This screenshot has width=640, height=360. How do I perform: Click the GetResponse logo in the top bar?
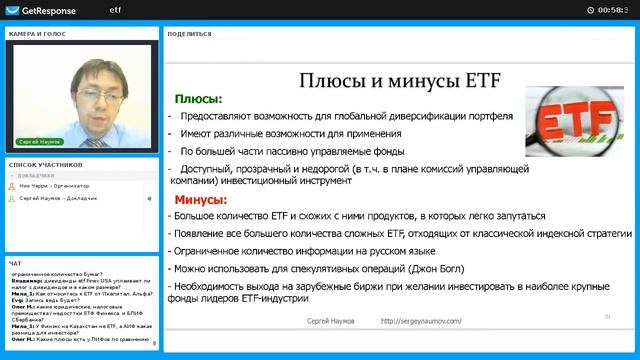[x=40, y=9]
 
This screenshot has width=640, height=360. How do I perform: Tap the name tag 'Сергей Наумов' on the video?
[x=39, y=143]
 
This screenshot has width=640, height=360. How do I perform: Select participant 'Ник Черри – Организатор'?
[x=54, y=186]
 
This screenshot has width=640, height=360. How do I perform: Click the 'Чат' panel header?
[x=15, y=263]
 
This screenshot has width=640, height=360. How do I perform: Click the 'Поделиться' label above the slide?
[x=190, y=33]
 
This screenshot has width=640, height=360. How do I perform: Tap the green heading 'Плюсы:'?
[x=199, y=99]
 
